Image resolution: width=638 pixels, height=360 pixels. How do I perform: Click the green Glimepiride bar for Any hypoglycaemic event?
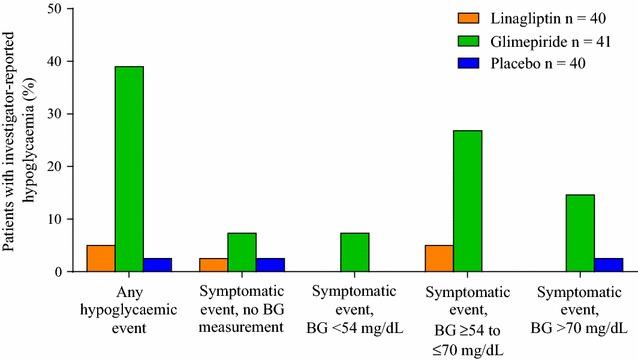pyautogui.click(x=129, y=169)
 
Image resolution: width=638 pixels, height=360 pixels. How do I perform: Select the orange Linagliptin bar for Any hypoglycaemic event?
pyautogui.click(x=101, y=258)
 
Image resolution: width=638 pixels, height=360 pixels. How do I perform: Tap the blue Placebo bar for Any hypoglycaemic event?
pyautogui.click(x=158, y=265)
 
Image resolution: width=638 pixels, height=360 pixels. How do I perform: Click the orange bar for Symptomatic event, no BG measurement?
pyautogui.click(x=213, y=265)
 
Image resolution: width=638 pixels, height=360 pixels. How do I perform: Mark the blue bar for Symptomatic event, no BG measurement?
pyautogui.click(x=270, y=265)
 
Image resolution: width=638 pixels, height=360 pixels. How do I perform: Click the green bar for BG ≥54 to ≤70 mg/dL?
pyautogui.click(x=468, y=201)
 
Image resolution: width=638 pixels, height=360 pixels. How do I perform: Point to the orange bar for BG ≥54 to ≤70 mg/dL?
pyautogui.click(x=439, y=258)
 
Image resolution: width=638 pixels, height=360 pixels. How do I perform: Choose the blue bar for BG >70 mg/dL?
pyautogui.click(x=609, y=265)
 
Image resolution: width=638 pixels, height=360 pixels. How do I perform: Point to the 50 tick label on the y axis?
pyautogui.click(x=55, y=9)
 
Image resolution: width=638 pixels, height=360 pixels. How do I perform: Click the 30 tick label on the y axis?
pyautogui.click(x=55, y=114)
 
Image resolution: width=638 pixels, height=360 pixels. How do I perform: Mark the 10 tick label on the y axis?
pyautogui.click(x=55, y=219)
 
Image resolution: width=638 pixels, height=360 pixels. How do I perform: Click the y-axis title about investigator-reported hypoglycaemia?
pyautogui.click(x=14, y=140)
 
